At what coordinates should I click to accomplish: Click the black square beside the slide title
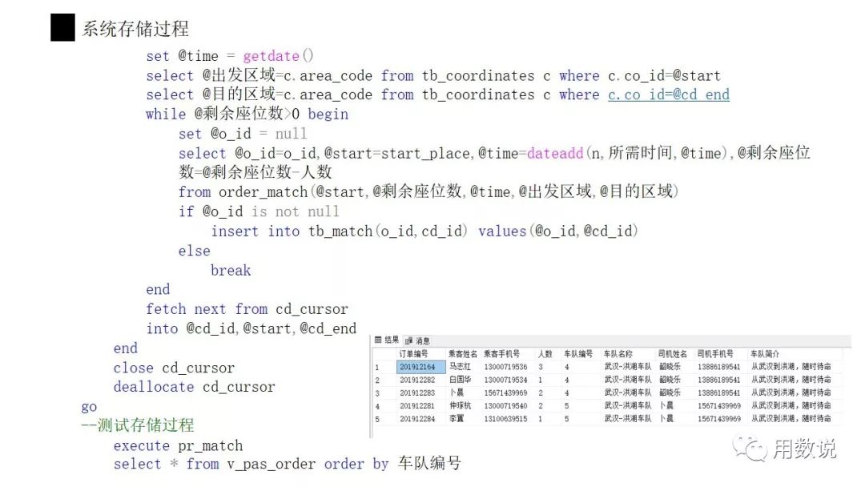[x=62, y=28]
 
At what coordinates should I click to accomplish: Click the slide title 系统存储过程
[x=135, y=29]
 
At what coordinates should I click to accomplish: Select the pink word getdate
[x=271, y=56]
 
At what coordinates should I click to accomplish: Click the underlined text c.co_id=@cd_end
[x=668, y=95]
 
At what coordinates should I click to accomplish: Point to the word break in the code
[x=231, y=270]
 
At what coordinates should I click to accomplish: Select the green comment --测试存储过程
[x=138, y=425]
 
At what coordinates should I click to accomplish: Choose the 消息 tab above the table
[x=419, y=340]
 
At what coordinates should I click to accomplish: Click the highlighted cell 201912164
[x=417, y=367]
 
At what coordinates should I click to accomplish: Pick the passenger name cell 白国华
[x=461, y=380]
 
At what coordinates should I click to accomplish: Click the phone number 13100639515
[x=505, y=419]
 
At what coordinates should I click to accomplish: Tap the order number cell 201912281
[x=417, y=406]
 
